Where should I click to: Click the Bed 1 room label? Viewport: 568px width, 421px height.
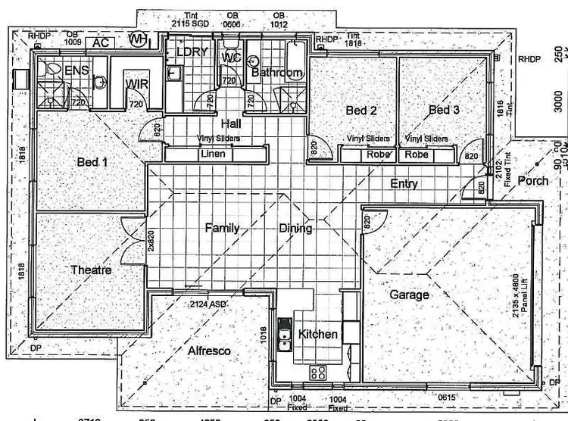[92, 161]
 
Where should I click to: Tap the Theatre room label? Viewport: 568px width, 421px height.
[91, 270]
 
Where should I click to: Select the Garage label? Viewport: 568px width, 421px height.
[409, 295]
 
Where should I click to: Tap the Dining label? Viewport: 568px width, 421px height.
[295, 228]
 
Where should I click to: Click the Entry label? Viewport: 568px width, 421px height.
[404, 184]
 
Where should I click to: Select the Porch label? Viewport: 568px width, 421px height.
[533, 181]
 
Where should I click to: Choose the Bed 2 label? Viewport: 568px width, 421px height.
[361, 111]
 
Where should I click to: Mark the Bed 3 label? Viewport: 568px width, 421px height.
[444, 111]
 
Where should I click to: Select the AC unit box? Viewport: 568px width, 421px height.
[100, 42]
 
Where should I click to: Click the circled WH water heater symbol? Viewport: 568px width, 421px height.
[138, 39]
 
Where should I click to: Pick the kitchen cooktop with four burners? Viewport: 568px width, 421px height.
[317, 373]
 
